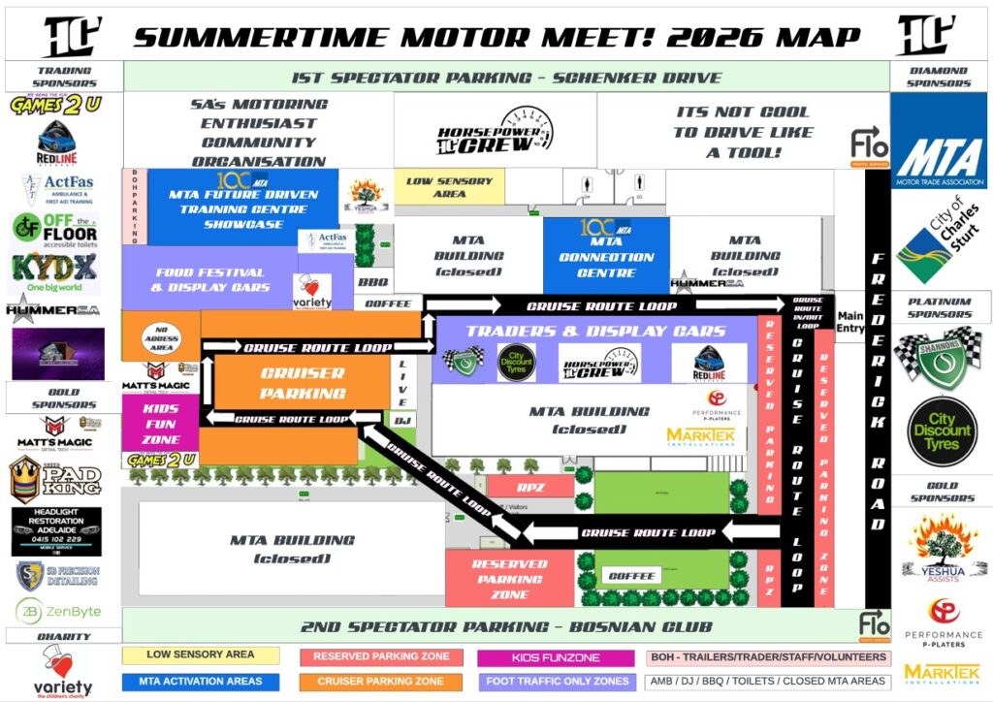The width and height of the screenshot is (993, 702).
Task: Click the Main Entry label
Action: (849, 322)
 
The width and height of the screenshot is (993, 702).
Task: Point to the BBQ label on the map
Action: (372, 282)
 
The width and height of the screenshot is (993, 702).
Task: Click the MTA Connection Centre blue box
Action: (606, 255)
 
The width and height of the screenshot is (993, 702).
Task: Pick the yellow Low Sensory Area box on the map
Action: (449, 187)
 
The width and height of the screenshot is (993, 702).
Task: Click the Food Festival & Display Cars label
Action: (211, 280)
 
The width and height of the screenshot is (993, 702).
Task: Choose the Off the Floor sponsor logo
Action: (55, 231)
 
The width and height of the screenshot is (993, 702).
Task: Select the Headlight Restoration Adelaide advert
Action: (56, 530)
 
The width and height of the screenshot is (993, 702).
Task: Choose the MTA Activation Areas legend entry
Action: (201, 682)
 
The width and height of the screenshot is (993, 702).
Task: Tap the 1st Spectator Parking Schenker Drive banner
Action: (505, 78)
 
